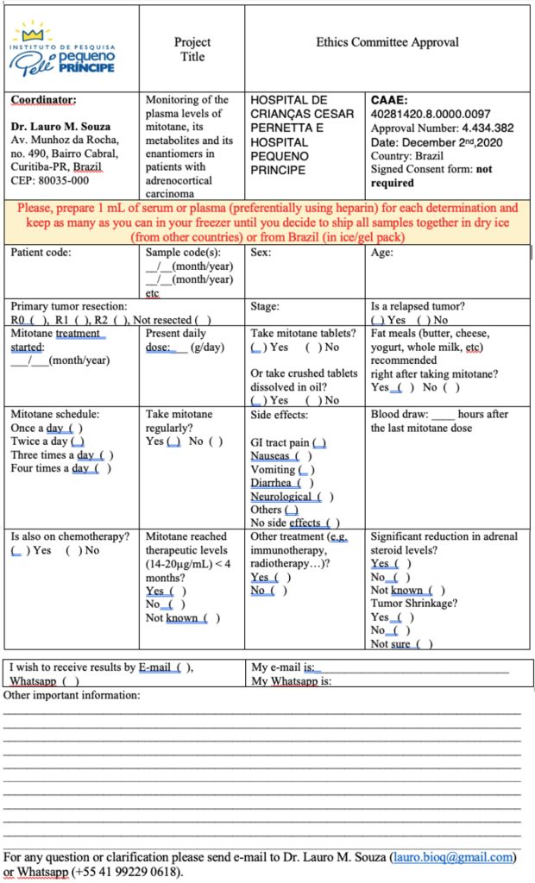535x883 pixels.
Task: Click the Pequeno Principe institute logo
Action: pyautogui.click(x=64, y=49)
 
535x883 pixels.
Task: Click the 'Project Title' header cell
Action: pyautogui.click(x=192, y=48)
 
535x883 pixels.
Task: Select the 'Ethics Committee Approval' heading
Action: pyautogui.click(x=387, y=41)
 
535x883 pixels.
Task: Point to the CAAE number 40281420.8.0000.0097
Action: pyautogui.click(x=430, y=114)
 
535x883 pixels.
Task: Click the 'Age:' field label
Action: pyautogui.click(x=381, y=254)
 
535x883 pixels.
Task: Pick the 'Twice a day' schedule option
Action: pyautogui.click(x=47, y=441)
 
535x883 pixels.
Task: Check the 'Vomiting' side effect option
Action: pyautogui.click(x=283, y=470)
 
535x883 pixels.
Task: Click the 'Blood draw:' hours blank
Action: pyautogui.click(x=442, y=414)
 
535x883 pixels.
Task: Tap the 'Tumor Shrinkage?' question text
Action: pyautogui.click(x=413, y=604)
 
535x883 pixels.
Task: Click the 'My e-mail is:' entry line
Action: pyautogui.click(x=414, y=667)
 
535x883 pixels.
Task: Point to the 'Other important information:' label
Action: pyautogui.click(x=72, y=695)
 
